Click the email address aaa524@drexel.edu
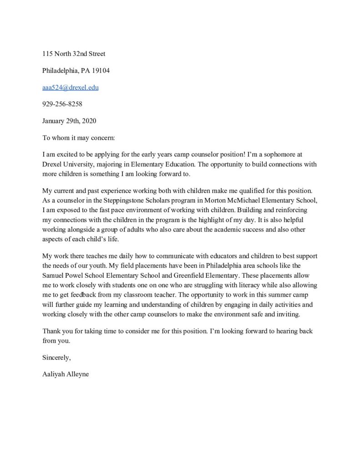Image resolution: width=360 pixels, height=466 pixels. pyautogui.click(x=70, y=87)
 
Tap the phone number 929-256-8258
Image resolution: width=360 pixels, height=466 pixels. pyautogui.click(x=62, y=104)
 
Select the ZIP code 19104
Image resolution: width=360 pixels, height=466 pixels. pyautogui.click(x=101, y=71)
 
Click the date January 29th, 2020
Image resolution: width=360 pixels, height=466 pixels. pyautogui.click(x=69, y=121)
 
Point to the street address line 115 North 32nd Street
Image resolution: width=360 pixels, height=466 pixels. pyautogui.click(x=74, y=54)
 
